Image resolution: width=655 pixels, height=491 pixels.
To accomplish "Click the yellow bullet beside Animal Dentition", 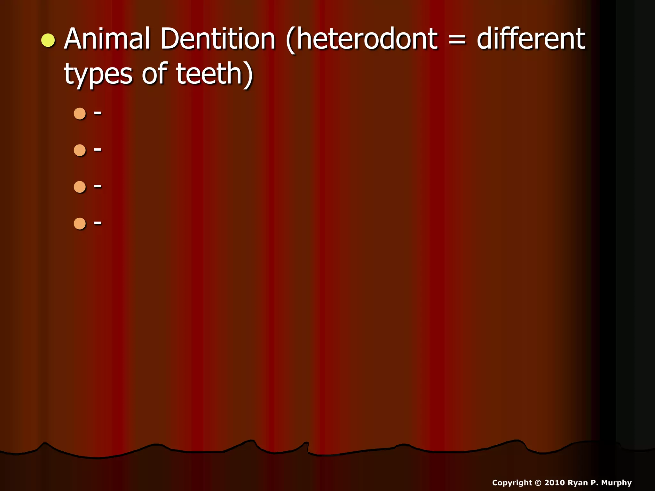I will [48, 41].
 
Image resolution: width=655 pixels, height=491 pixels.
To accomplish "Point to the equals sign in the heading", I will [457, 40].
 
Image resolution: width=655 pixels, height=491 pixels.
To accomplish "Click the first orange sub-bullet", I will [80, 113].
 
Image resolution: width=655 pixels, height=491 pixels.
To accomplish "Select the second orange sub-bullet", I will [80, 150].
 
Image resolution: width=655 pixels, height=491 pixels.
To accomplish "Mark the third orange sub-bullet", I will [80, 187].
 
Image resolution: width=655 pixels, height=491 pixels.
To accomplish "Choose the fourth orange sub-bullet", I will [80, 224].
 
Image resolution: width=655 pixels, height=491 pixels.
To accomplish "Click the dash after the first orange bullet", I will [98, 113].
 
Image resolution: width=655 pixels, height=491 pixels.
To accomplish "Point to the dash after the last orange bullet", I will [98, 223].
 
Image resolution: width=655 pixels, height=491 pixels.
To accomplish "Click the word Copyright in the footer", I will [512, 483].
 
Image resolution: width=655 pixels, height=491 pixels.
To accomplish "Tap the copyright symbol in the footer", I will [538, 483].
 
